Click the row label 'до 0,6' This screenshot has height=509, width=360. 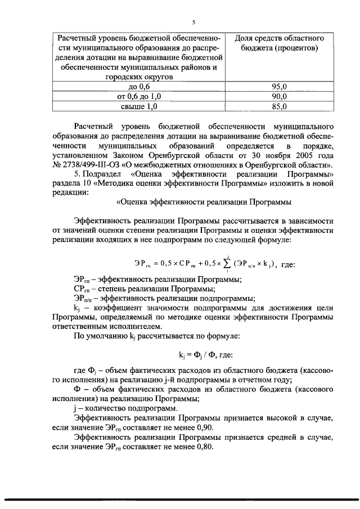(x=139, y=87)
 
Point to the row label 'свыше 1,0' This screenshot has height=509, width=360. (x=139, y=106)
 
